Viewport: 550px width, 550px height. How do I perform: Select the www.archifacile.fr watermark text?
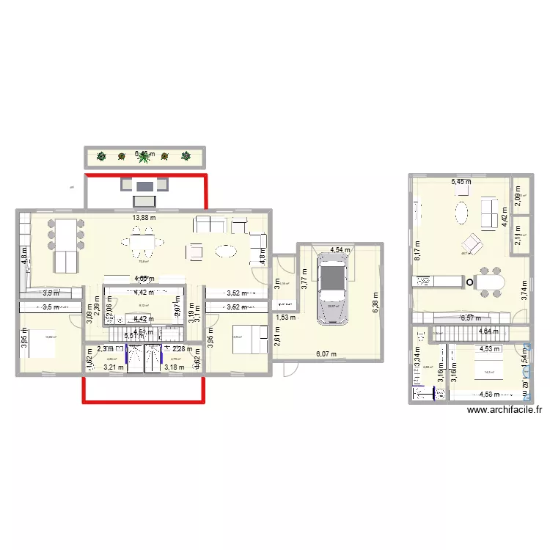click(504, 412)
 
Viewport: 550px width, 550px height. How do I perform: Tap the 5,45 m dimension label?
click(461, 181)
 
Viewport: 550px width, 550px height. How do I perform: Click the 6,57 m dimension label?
click(472, 318)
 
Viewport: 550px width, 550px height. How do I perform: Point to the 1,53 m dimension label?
click(287, 318)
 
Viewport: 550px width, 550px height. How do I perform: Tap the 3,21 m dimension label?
click(114, 367)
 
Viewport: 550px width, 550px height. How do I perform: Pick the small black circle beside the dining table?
click(470, 282)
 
